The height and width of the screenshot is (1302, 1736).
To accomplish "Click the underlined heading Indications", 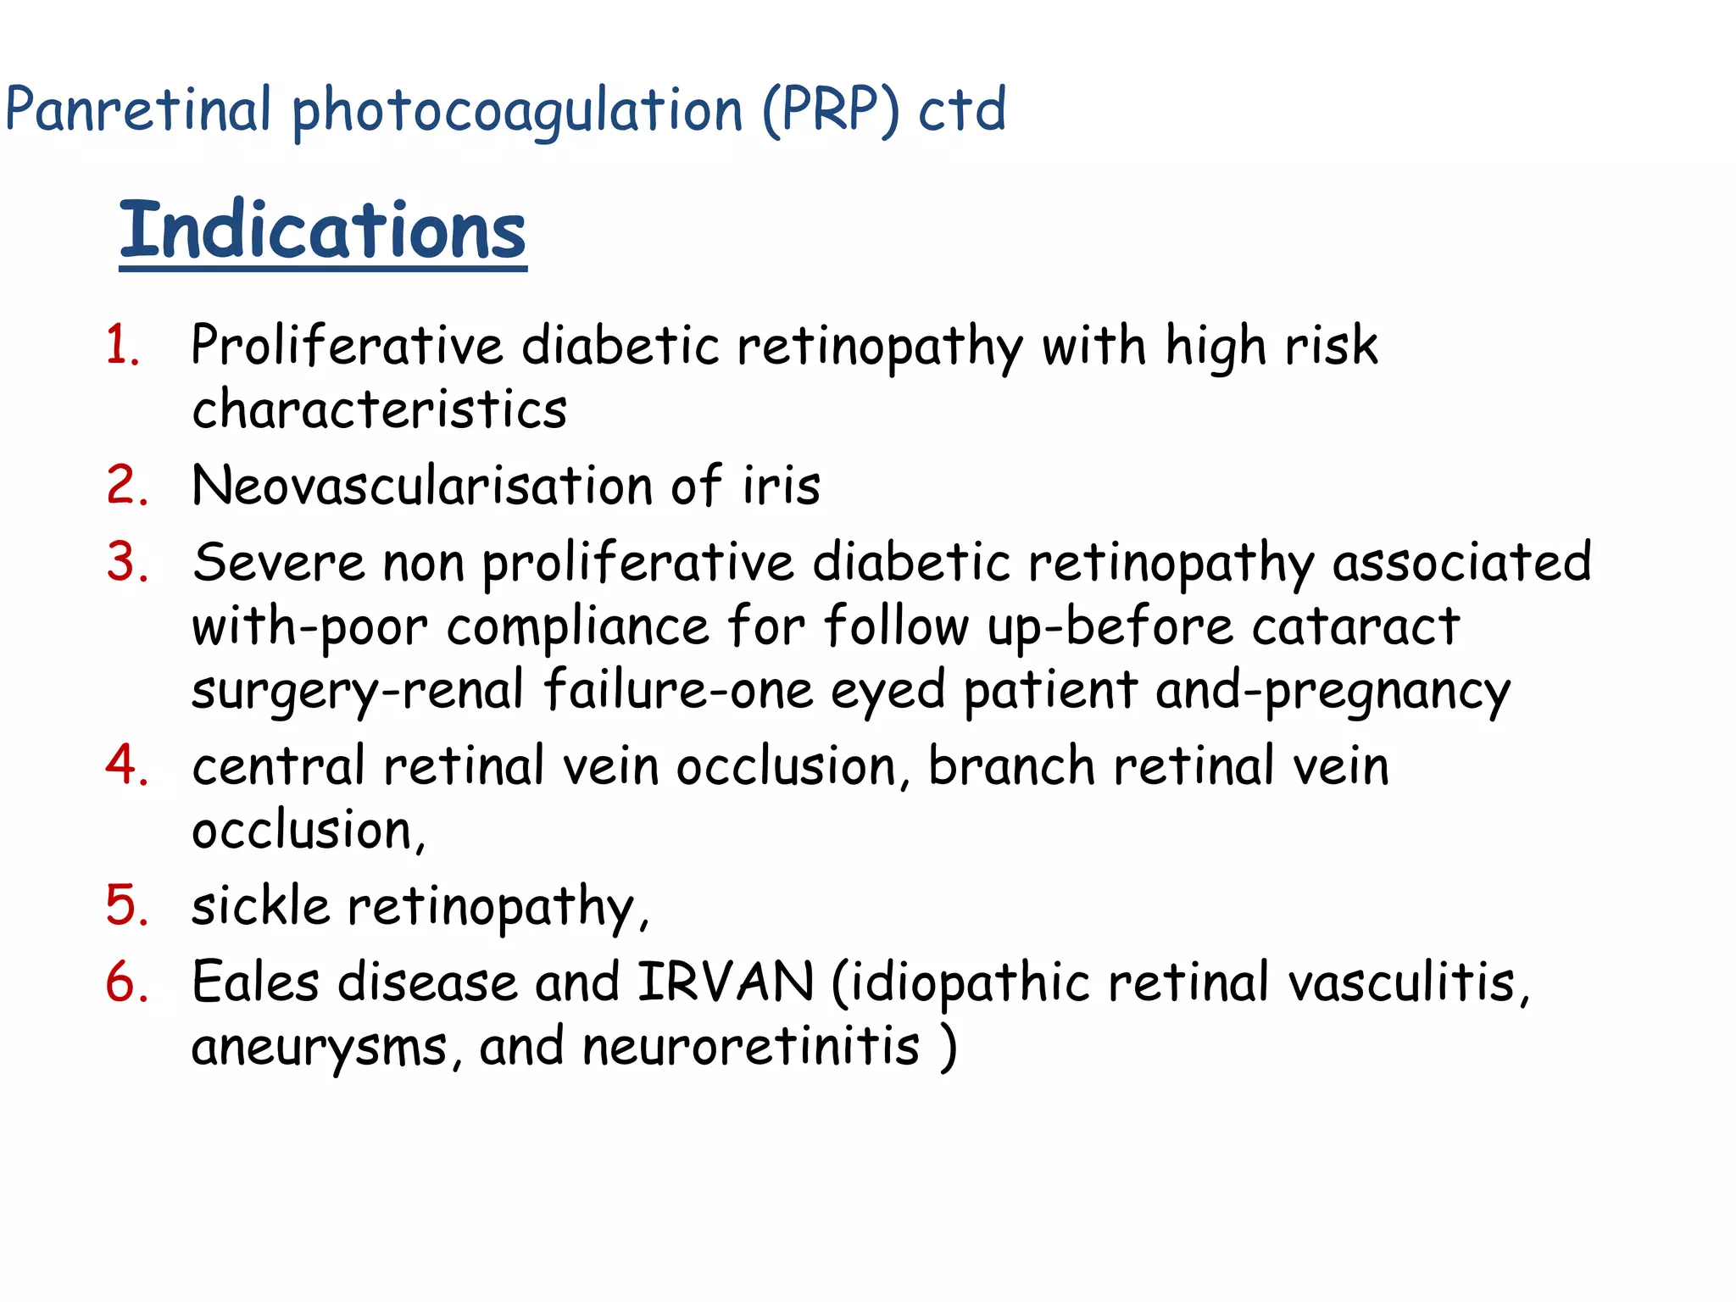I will [x=322, y=231].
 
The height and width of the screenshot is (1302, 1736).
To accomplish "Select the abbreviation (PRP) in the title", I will [x=830, y=110].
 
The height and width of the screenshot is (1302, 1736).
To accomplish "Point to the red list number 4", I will [x=127, y=765].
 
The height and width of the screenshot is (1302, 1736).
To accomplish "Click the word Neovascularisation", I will [x=422, y=486].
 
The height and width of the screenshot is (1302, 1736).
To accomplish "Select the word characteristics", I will [x=379, y=409].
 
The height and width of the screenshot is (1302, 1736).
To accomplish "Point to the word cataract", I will [x=1355, y=627].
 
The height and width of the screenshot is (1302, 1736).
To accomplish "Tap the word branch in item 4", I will [x=1011, y=766].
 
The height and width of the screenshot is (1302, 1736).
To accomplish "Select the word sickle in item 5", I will [x=260, y=906].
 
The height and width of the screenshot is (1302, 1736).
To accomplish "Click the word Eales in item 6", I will [x=256, y=982].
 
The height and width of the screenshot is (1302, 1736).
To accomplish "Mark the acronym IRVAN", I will [x=725, y=982].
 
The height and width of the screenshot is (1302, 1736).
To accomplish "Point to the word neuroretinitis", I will [x=751, y=1046].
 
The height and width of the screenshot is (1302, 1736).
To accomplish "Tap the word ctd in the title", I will [x=962, y=110].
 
